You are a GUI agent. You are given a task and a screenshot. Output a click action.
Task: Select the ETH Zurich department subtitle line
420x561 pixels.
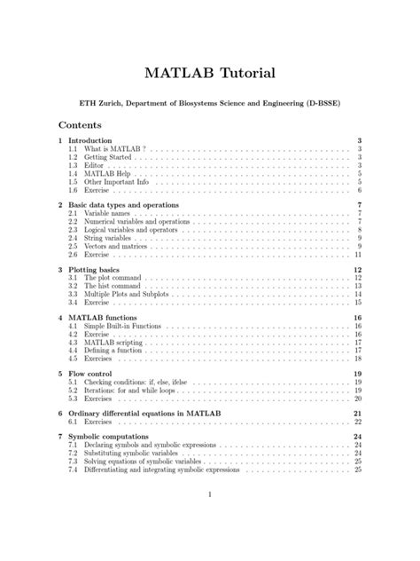(210, 104)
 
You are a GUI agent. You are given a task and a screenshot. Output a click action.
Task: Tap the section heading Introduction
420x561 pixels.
(90, 141)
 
